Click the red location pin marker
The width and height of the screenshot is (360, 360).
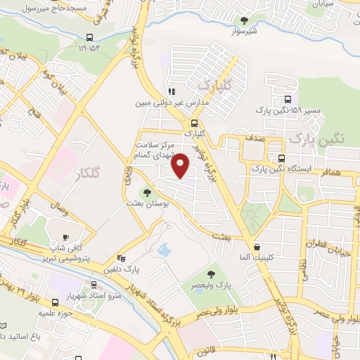point(181,165)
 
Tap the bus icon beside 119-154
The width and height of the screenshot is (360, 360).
point(89,39)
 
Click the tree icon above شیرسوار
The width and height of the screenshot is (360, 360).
point(244,20)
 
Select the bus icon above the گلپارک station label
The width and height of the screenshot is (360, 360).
point(194,122)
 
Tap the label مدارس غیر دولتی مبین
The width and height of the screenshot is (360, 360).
point(162,103)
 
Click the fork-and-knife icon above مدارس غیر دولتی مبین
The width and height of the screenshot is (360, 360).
point(171,91)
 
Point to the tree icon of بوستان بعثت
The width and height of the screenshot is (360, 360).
point(147,192)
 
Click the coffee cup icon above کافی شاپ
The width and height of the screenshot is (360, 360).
point(66,237)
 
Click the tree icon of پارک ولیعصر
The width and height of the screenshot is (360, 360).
point(211,274)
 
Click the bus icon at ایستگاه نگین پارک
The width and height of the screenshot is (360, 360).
point(281,158)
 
